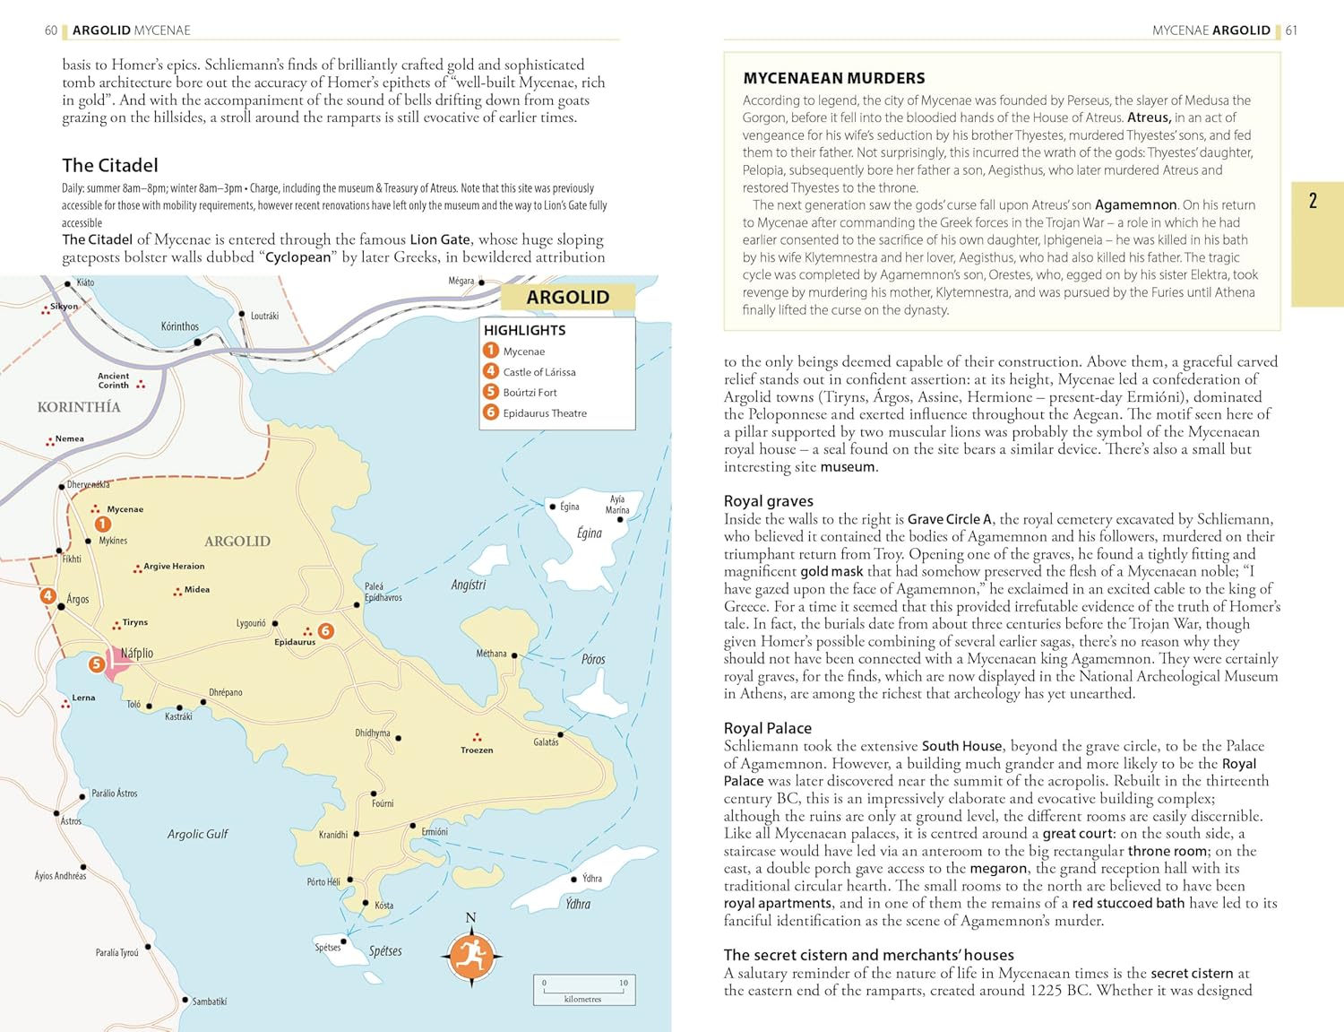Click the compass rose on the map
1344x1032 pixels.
[471, 957]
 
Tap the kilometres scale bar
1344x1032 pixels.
[583, 990]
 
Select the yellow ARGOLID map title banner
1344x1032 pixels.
[567, 297]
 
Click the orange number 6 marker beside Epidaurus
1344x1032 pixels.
[326, 631]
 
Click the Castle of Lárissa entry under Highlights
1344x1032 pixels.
[538, 372]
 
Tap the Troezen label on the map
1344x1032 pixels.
[477, 750]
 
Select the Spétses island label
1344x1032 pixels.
[385, 951]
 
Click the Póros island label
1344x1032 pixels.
[593, 659]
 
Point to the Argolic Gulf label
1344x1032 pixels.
[198, 834]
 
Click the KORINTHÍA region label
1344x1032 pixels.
[79, 407]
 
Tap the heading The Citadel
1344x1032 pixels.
[110, 165]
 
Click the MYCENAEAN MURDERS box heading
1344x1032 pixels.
[834, 78]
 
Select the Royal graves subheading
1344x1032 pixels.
[769, 501]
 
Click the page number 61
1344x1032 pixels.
[1291, 30]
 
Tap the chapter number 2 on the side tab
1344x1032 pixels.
[1313, 201]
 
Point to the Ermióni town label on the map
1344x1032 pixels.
[435, 832]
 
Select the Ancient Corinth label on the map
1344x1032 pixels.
[114, 380]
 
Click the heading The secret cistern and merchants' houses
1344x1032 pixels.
[869, 955]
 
